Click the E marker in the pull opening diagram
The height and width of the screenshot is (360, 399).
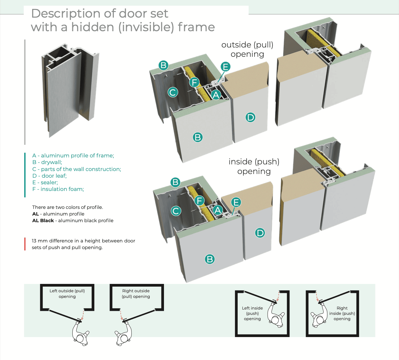[x=225, y=67]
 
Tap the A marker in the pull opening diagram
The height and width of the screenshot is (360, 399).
[x=216, y=95]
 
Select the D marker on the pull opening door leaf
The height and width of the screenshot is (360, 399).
[x=250, y=117]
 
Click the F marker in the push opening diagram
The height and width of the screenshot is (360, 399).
[x=199, y=201]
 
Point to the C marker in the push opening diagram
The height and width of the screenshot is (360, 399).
[x=176, y=211]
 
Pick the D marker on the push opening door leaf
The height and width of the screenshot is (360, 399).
[x=260, y=233]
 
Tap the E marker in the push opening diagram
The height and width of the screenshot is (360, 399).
[x=236, y=202]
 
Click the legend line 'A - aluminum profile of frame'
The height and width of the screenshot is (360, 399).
[x=73, y=155]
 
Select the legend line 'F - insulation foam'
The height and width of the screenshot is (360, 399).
[x=58, y=189]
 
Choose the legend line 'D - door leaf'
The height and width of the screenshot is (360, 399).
[x=49, y=176]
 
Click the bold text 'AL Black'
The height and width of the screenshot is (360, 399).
[x=43, y=221]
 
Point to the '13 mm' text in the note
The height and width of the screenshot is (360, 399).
[x=39, y=241]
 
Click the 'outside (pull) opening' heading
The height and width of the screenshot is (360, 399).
[x=247, y=49]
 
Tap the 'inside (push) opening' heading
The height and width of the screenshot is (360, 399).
[x=254, y=166]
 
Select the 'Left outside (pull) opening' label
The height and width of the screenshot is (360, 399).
[x=67, y=294]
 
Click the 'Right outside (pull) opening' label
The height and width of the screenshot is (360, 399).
[x=136, y=294]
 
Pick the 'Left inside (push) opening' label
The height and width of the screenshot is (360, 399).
[x=252, y=314]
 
